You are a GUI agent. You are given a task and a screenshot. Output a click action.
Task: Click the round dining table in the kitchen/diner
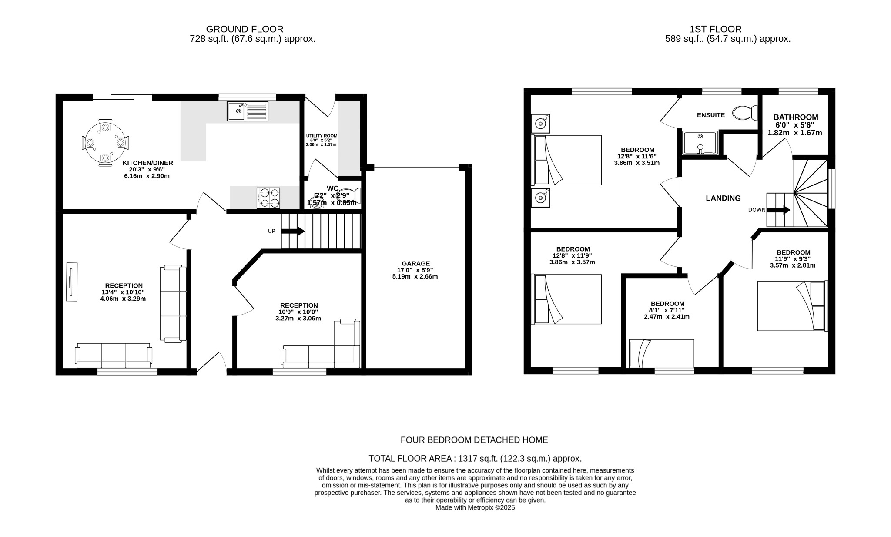(x=105, y=143)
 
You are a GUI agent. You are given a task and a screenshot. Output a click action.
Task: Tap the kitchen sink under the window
(x=247, y=111)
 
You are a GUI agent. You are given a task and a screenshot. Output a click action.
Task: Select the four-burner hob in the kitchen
(x=268, y=198)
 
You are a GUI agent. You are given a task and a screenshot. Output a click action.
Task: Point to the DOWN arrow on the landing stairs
(x=778, y=210)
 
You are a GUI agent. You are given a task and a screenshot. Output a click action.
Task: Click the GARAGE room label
(x=415, y=263)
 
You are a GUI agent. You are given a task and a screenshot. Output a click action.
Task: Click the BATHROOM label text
(x=795, y=117)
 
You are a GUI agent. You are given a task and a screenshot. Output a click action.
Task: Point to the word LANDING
(x=723, y=198)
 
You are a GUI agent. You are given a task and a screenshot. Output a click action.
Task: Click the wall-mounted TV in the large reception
(x=72, y=282)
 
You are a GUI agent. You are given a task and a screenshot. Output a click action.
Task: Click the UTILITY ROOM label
(x=322, y=136)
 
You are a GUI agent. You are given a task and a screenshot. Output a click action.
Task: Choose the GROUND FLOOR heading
(x=245, y=29)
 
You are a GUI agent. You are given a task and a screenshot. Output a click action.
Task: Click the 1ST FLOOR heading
(x=715, y=29)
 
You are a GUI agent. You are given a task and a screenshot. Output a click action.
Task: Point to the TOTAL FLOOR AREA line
(x=475, y=458)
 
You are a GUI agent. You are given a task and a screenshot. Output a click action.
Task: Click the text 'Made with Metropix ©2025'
(x=475, y=507)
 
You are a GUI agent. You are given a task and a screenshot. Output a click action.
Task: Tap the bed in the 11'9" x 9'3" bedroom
(x=792, y=306)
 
